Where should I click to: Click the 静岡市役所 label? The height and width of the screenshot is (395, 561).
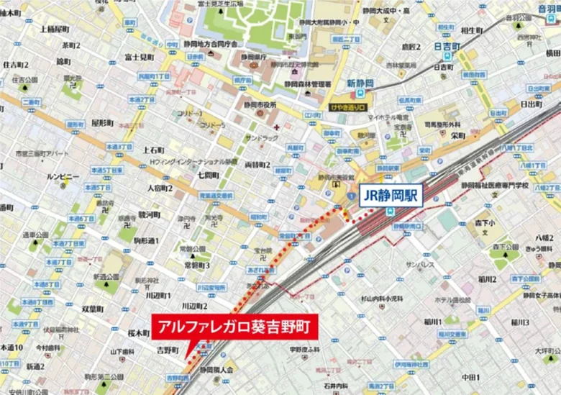click(x=260, y=105)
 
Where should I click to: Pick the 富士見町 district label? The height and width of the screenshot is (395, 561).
click(x=139, y=56)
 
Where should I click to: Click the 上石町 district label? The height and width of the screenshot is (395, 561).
click(x=153, y=150)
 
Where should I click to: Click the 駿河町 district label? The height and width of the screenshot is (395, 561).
click(x=150, y=214)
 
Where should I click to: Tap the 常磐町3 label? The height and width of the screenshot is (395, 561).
click(x=196, y=265)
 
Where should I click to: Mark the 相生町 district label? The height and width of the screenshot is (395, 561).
click(x=471, y=30)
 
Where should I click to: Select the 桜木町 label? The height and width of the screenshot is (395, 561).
click(x=137, y=334)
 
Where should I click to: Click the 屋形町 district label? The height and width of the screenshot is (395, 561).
click(x=102, y=123)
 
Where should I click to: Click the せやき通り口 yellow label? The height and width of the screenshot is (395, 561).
click(x=347, y=108)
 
